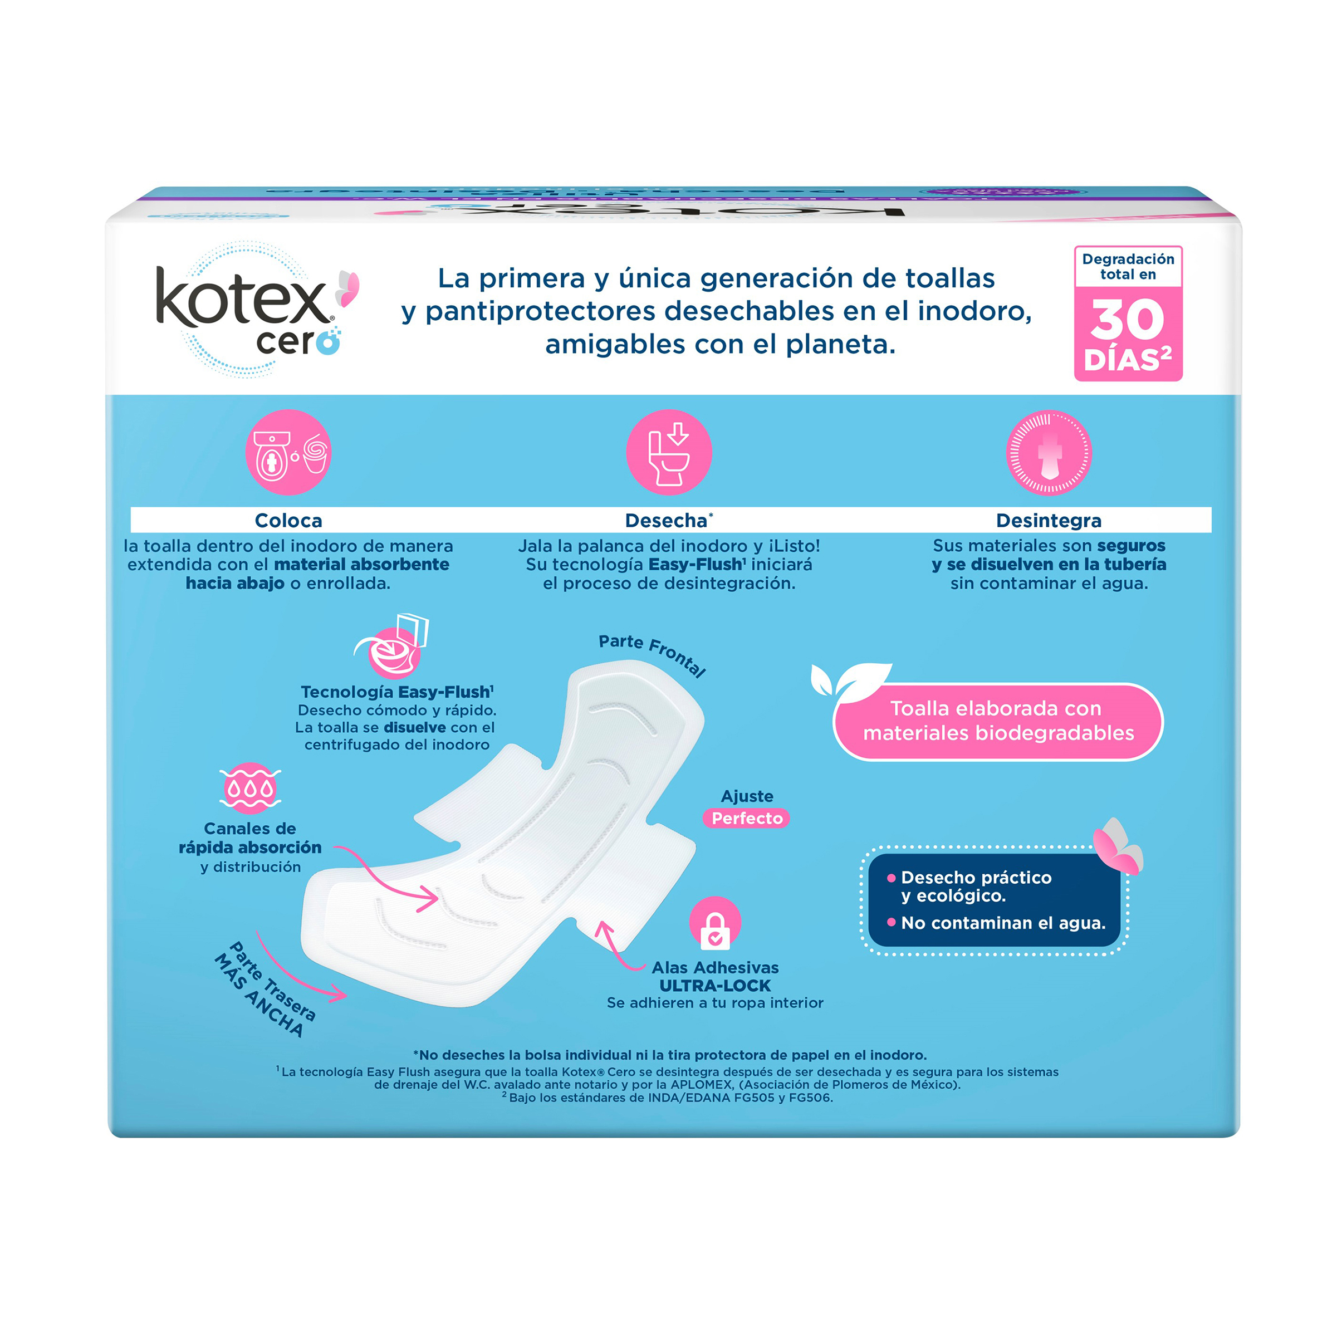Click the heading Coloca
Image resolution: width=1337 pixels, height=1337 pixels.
pos(288,521)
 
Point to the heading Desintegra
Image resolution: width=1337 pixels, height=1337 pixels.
pos(1049,521)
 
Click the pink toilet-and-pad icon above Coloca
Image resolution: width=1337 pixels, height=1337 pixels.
pos(288,452)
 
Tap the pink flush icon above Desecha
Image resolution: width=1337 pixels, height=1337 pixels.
pos(668,452)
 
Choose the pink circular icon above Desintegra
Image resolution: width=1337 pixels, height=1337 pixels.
pos(1049,452)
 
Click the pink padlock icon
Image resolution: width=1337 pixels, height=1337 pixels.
pos(715,923)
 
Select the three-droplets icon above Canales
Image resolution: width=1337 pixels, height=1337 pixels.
pos(250,788)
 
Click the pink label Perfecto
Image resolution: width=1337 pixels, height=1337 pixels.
pos(747,818)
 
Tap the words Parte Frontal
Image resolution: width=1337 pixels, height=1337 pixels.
pos(653,654)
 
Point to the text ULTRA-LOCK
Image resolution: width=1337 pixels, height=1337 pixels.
pos(715,986)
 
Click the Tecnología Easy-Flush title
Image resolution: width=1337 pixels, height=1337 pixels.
pos(396,692)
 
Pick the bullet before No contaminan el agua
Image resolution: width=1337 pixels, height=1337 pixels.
pos(892,922)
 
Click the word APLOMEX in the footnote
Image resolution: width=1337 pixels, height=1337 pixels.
pos(701,1084)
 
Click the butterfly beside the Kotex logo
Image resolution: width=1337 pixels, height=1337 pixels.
pos(348,288)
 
